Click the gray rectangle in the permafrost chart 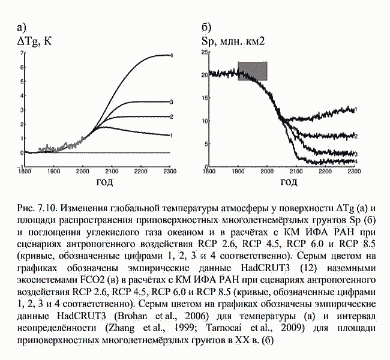coord(252,71)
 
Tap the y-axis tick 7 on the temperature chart coord(22,53)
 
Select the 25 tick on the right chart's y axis coord(204,53)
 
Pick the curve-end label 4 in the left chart coord(172,55)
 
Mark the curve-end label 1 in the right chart coord(356,109)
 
